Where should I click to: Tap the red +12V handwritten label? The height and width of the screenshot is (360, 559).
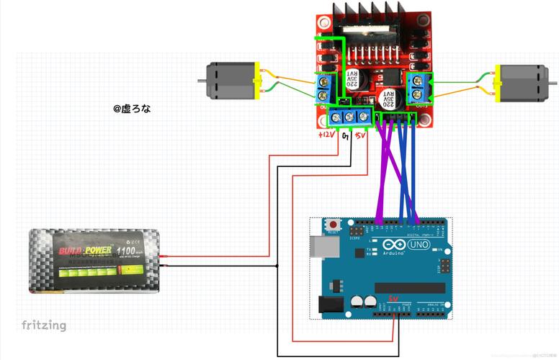point(327,135)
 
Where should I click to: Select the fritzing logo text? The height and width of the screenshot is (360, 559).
point(43,325)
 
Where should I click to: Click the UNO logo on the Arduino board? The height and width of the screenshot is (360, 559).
point(418,246)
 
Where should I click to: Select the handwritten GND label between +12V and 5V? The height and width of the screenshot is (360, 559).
point(345,135)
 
